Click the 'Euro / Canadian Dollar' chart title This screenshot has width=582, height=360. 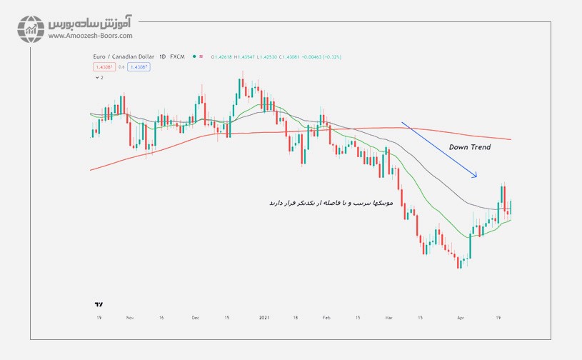(x=121, y=56)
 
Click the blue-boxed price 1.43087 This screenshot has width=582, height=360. (x=138, y=66)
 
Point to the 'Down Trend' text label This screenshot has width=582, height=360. (x=469, y=147)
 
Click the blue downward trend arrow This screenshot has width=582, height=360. (x=439, y=149)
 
